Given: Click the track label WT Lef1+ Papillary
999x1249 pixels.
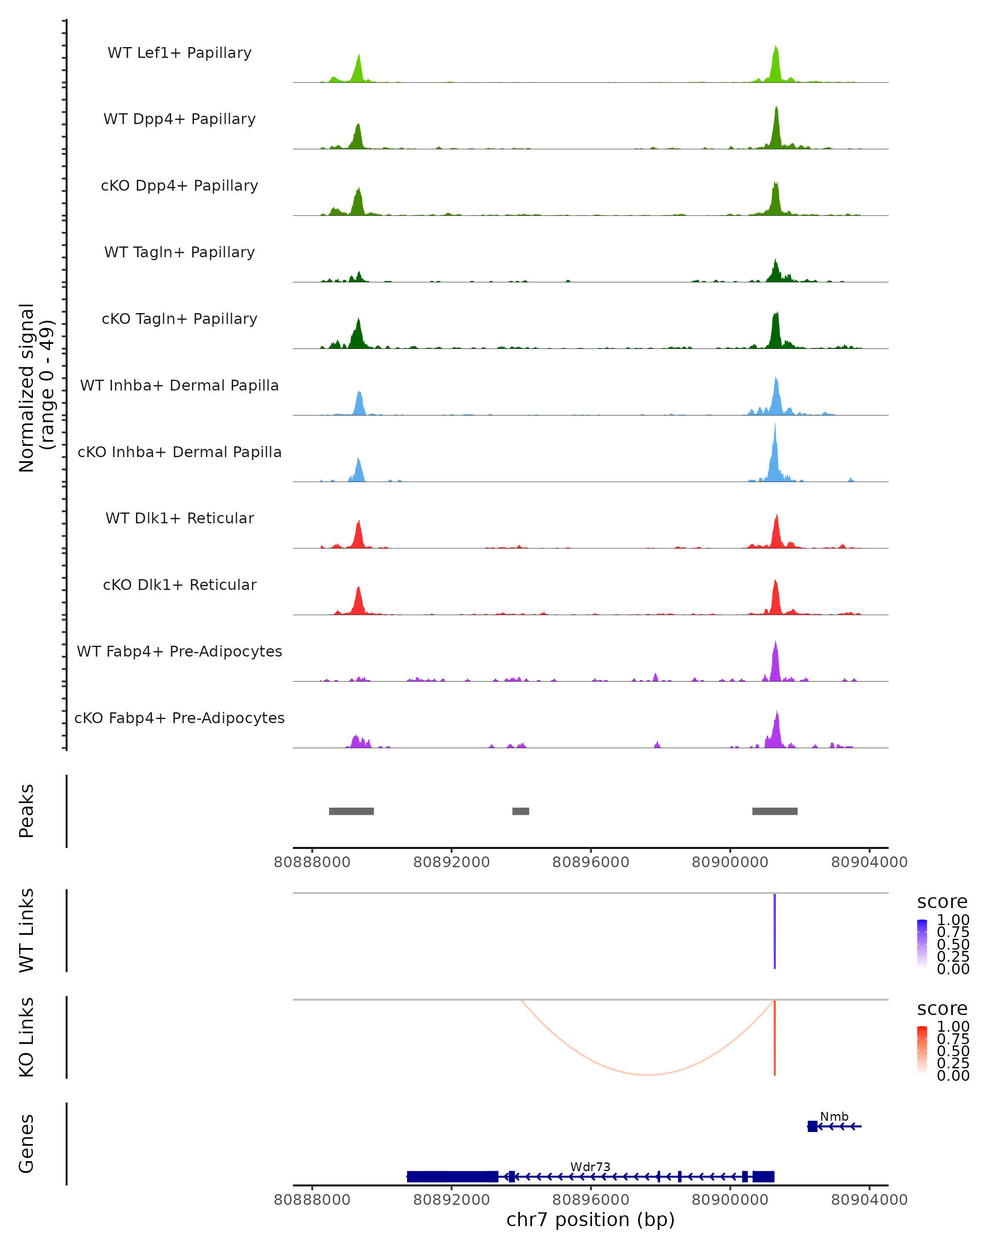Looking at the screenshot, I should [x=179, y=53].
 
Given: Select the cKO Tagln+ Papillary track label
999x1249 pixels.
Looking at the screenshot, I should [x=179, y=318].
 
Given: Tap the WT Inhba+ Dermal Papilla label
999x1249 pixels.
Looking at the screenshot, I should [x=179, y=385].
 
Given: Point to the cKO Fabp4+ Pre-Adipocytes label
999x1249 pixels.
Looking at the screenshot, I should [x=179, y=718].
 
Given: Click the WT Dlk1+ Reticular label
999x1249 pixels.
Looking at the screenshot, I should [x=179, y=518].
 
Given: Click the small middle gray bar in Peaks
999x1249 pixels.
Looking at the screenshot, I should [x=521, y=811].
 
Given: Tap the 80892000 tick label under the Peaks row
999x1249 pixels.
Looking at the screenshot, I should [x=451, y=862].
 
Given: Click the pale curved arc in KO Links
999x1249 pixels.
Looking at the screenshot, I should [x=647, y=1075].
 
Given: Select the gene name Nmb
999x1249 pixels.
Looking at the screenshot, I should [x=834, y=1116].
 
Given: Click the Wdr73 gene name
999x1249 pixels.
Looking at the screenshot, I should [x=590, y=1167].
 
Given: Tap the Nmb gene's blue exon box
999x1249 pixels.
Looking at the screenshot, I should [x=813, y=1126].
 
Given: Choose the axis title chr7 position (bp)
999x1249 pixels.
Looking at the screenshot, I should [x=590, y=1219].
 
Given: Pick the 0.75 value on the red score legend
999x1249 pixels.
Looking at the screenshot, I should [x=953, y=1039].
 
